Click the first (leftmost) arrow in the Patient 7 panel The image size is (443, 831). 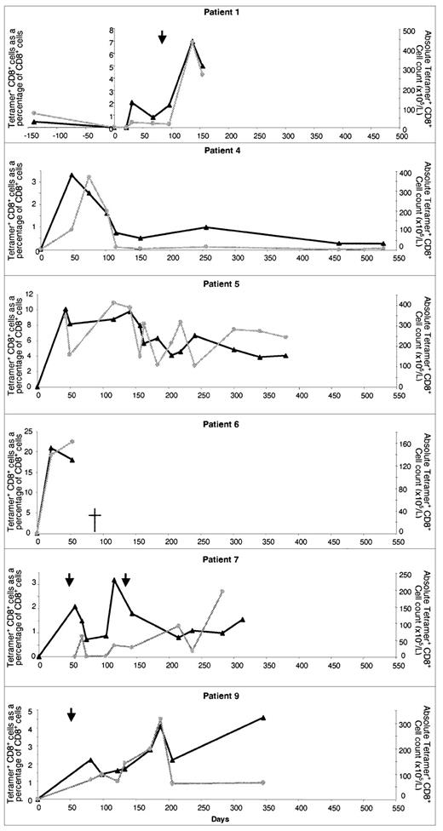tap(70, 579)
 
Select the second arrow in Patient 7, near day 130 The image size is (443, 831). tap(125, 579)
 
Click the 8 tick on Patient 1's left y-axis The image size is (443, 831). tap(110, 30)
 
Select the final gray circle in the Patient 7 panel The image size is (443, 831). tap(221, 591)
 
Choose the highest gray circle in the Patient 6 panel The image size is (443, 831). tap(72, 442)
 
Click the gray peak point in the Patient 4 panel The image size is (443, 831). tap(89, 177)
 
